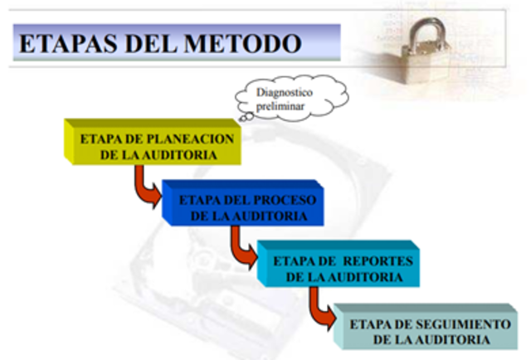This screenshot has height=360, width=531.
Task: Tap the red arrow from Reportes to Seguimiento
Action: pyautogui.click(x=319, y=308)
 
